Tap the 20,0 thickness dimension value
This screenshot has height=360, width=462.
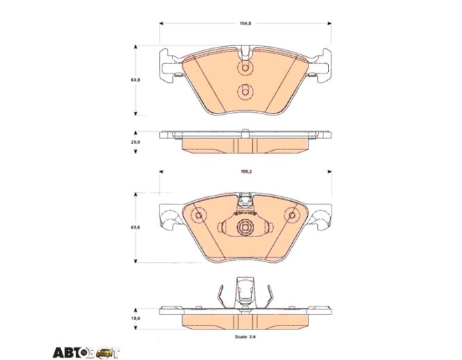[135, 142]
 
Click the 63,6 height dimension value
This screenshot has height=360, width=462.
[135, 227]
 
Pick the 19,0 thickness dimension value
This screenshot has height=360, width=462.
[135, 319]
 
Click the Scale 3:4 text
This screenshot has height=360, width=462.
[245, 336]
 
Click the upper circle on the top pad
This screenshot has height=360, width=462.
[245, 69]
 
